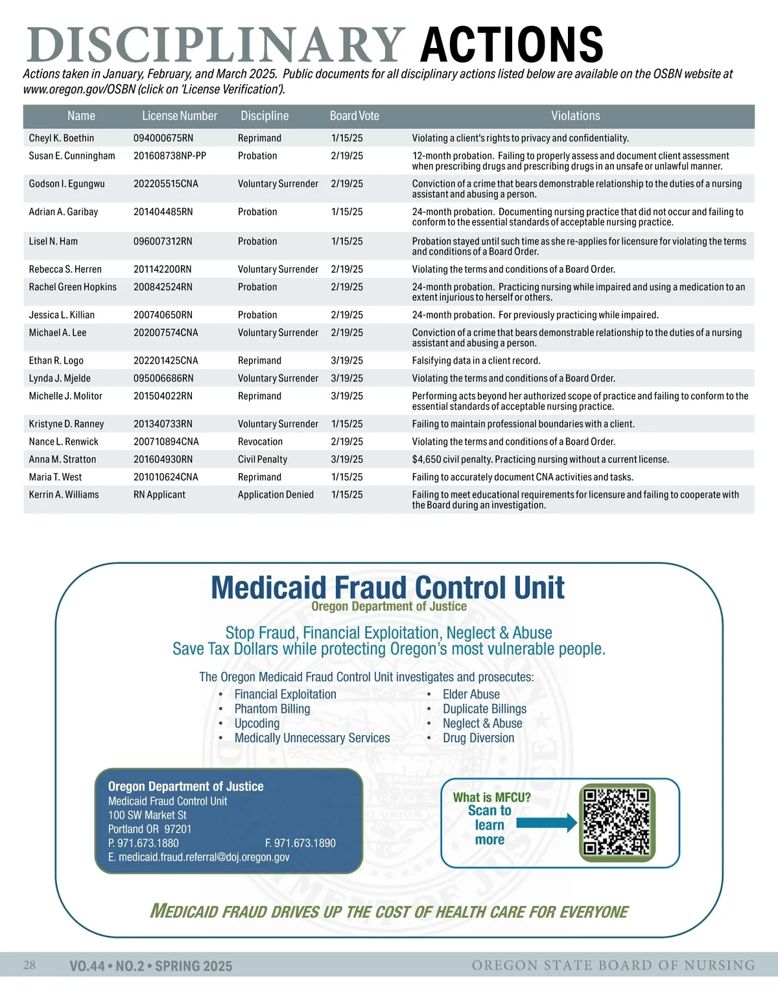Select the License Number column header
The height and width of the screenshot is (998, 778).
coord(180,116)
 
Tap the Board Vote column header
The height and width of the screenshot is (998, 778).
coord(354,116)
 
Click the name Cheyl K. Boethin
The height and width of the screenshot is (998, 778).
coord(62,138)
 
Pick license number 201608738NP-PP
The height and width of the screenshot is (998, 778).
coord(170,156)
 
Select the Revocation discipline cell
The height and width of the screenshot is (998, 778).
coord(260,442)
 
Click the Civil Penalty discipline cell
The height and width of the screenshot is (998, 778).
coord(262,459)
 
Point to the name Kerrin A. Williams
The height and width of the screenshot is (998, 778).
coord(64,495)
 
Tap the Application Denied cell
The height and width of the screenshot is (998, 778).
coord(276,495)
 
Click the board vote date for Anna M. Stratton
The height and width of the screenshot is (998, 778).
coord(347,459)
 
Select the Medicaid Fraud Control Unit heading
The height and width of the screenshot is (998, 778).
coord(388,588)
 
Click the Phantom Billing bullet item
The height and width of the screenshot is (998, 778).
coord(272,709)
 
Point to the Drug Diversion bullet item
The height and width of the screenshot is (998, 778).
coord(478,738)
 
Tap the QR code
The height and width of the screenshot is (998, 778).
coord(617,822)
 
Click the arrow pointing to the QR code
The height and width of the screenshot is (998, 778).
coord(546,823)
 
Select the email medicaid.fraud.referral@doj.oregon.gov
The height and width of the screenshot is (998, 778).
coord(198,857)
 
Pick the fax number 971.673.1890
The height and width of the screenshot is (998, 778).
coord(300,843)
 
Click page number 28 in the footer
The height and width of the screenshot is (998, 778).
coord(30,965)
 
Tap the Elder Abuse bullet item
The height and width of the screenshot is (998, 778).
coord(471,695)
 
